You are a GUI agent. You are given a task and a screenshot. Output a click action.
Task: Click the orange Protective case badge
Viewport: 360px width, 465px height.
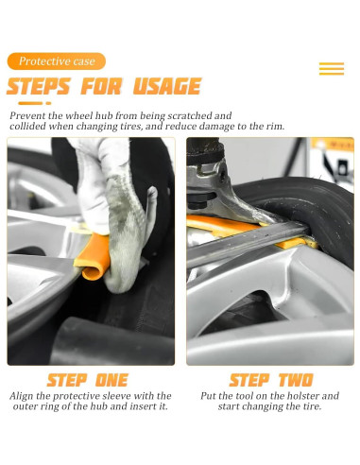tap(57, 61)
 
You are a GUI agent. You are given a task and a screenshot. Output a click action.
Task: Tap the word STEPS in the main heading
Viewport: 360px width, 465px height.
tap(38, 86)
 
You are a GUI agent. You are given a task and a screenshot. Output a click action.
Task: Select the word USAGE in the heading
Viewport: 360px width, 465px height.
tap(167, 86)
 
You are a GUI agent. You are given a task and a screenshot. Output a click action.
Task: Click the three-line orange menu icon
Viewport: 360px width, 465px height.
tap(332, 69)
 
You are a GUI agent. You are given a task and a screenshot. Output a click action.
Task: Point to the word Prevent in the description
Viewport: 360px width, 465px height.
tap(27, 115)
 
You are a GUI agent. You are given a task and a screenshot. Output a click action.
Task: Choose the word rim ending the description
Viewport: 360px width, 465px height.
tap(277, 126)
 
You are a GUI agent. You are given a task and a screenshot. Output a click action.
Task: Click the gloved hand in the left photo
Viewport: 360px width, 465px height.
tap(117, 215)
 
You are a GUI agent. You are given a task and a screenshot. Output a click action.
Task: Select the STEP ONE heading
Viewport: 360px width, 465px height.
tap(88, 380)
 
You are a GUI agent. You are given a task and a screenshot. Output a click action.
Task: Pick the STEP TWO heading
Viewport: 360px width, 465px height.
tap(271, 380)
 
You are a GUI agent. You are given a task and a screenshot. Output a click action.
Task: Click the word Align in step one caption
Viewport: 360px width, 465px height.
tap(20, 396)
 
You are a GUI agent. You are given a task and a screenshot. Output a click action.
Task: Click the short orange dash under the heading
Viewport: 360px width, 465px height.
tap(48, 103)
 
